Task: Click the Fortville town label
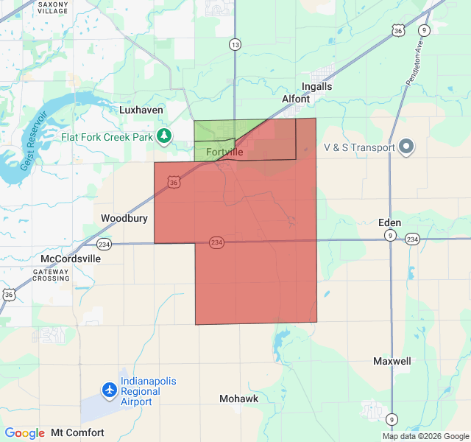pos(224,152)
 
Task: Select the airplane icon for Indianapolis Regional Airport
pos(110,389)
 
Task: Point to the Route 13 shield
pos(235,46)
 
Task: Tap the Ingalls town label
pos(317,86)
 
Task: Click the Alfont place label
pos(297,98)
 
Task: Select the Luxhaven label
pos(141,110)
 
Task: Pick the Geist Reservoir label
pos(34,140)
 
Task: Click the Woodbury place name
pos(124,218)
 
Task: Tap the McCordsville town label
pos(71,259)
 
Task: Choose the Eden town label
pos(389,222)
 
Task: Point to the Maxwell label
pos(392,362)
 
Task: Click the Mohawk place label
pos(238,399)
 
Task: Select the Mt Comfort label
pos(77,432)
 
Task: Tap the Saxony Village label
pos(52,8)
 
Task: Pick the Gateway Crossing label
pos(51,276)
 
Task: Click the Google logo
pos(24,433)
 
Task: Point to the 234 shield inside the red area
pos(216,242)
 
